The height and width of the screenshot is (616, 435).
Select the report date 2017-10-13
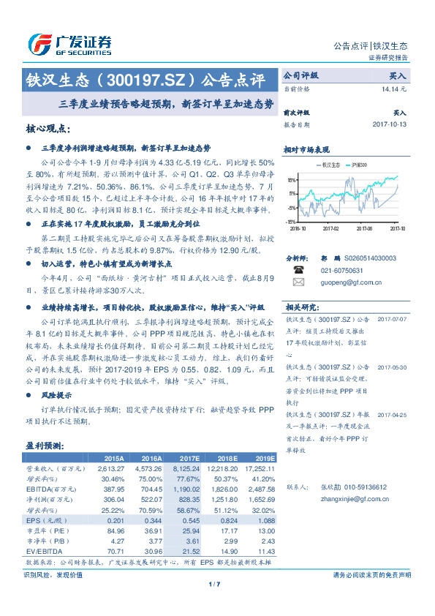click(x=389, y=124)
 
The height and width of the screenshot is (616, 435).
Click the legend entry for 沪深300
click(x=360, y=165)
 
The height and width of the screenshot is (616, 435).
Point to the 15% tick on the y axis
click(x=292, y=180)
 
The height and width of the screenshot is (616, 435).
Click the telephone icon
click(x=298, y=270)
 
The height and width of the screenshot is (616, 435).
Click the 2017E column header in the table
click(x=189, y=458)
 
